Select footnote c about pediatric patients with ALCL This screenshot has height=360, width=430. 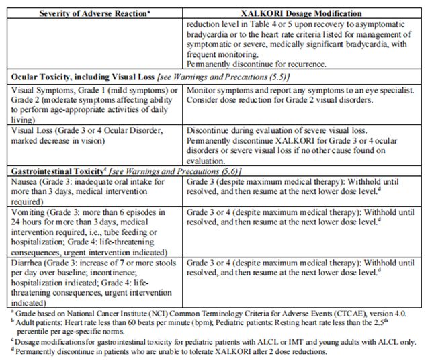click(x=211, y=341)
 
